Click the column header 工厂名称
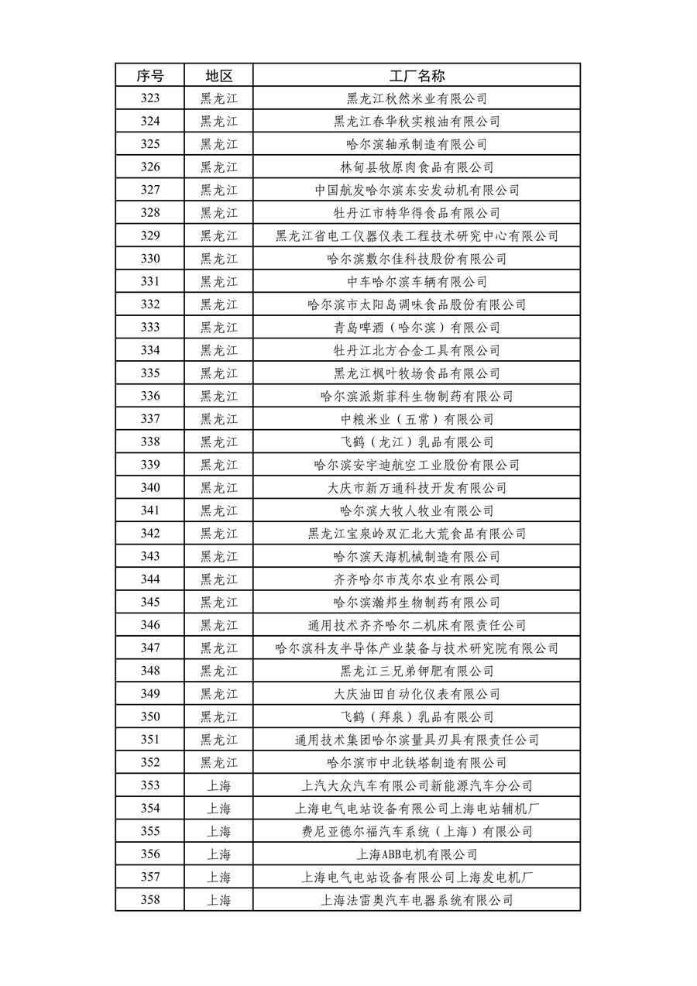417,75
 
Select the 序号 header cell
150,75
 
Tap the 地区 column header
218,75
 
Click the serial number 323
150,98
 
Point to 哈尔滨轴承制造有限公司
417,144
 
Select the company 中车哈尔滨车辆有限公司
417,282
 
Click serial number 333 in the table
150,328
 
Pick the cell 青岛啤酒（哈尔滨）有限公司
417,328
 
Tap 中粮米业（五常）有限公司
417,419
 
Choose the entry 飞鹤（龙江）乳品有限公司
417,442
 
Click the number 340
150,488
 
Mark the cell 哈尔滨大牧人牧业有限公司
417,511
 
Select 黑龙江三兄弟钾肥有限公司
417,671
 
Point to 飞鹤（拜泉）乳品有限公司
417,717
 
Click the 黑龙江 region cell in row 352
218,763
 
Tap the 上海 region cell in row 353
218,785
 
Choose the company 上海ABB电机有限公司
417,854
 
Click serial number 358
150,900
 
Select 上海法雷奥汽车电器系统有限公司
417,900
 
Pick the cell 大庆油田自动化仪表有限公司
417,694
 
